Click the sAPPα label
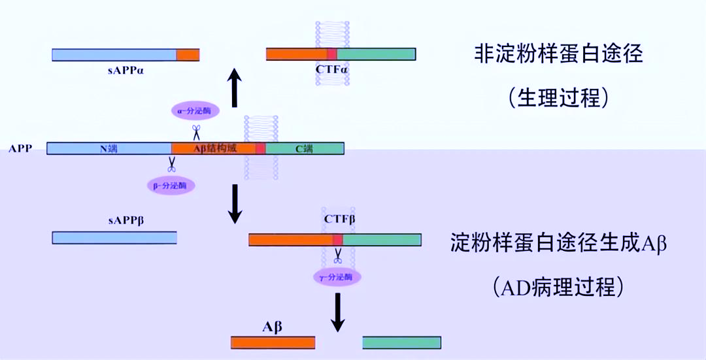coord(126,69)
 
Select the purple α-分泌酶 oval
coord(195,111)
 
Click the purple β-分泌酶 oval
coord(172,185)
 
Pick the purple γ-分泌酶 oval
coord(337,277)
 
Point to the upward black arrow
coord(235,89)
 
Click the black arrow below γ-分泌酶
coord(337,312)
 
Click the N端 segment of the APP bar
coord(109,148)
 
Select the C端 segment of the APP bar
coord(305,148)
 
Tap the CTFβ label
coord(339,220)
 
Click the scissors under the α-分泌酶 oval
coord(195,132)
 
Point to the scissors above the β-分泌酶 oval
coord(172,164)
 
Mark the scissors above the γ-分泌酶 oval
coord(337,257)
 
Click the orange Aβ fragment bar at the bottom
coord(273,342)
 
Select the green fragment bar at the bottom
coord(401,342)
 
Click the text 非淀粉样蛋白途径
coord(558,54)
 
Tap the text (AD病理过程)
coord(558,286)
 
